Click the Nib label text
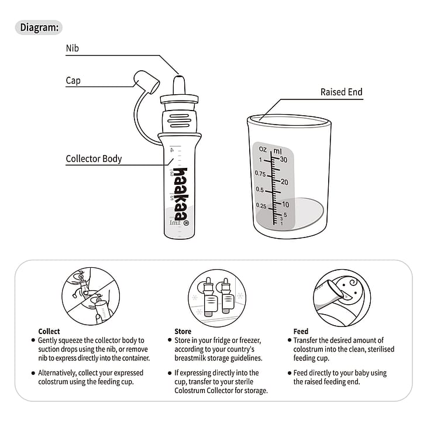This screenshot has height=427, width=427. click(73, 50)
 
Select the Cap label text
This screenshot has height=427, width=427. click(73, 81)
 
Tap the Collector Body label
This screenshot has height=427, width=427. click(94, 159)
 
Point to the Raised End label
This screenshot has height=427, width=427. click(342, 92)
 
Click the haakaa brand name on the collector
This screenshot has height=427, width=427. click(180, 192)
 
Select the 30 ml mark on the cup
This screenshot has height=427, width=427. click(283, 159)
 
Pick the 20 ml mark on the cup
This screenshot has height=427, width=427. click(284, 182)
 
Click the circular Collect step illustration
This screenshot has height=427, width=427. click(91, 297)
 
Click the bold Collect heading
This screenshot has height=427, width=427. click(49, 331)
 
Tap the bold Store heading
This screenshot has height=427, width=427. click(183, 331)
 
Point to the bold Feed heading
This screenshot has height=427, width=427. click(301, 331)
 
